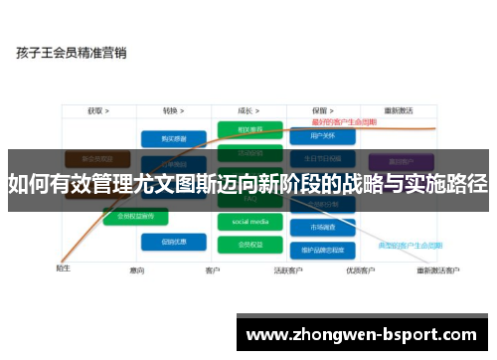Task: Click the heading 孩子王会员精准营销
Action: tap(72, 54)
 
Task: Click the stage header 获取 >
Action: tap(97, 111)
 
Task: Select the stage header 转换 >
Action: tap(176, 111)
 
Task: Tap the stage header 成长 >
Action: tap(248, 111)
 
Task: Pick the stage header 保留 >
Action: tap(320, 111)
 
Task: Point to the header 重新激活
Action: tap(399, 111)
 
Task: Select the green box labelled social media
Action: tap(249, 221)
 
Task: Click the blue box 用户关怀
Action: tap(320, 135)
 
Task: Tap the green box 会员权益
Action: tap(249, 244)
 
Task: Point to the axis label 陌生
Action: tap(63, 267)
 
